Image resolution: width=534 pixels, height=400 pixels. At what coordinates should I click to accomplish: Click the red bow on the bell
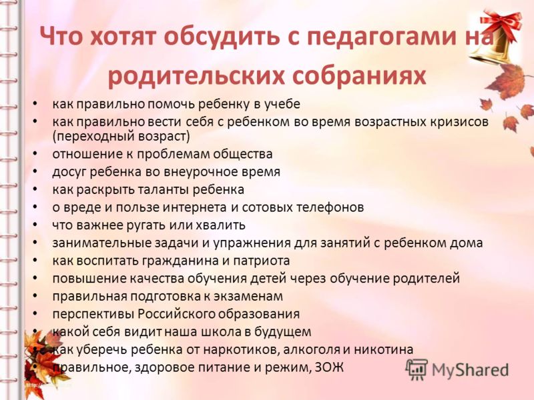click(501, 21)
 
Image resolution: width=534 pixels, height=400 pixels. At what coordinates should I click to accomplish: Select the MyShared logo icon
click(417, 369)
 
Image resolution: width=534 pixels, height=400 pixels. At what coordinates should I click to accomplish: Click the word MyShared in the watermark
click(470, 370)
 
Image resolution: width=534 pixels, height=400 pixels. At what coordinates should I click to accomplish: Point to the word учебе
click(282, 104)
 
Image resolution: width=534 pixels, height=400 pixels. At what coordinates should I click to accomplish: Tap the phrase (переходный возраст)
click(121, 137)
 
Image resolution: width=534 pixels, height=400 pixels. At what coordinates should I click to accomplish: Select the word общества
click(243, 154)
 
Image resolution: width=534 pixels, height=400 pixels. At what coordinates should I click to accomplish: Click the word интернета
click(194, 207)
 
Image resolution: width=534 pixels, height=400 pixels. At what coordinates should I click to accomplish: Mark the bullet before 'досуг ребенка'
click(35, 172)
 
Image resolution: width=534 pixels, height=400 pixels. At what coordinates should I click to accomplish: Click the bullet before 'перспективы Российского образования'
click(35, 314)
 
